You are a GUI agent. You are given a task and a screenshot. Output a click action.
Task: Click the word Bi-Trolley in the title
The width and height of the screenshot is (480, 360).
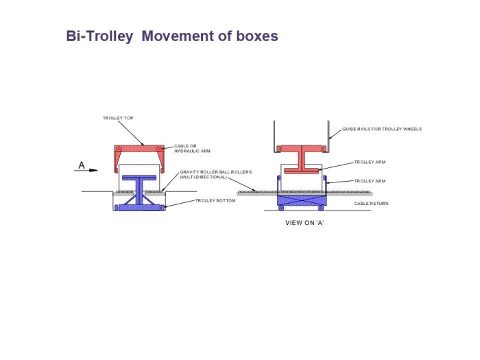coord(100,36)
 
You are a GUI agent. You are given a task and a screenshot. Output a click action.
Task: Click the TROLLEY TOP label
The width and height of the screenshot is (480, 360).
coord(118,118)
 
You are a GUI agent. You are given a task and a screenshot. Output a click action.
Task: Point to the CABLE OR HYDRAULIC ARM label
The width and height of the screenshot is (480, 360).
coord(192,149)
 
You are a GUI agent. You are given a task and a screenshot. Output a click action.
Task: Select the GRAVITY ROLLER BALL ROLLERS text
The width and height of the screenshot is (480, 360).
coord(216,172)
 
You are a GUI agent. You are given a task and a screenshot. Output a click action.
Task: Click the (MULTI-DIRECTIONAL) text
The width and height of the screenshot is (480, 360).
coord(203,177)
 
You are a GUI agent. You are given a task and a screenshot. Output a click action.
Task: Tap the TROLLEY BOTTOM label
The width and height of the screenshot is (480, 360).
coord(215,200)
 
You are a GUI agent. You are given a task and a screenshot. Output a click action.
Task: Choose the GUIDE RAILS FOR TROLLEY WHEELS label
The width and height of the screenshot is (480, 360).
coord(382,129)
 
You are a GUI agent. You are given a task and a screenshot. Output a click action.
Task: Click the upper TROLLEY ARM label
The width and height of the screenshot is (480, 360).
coord(370,162)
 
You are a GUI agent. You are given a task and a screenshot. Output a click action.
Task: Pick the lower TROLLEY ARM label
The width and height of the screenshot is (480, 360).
coord(370,181)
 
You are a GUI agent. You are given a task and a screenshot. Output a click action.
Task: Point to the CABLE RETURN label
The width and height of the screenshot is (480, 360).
coord(372,203)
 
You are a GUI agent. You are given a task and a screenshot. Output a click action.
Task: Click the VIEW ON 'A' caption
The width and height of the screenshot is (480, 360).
coord(304,223)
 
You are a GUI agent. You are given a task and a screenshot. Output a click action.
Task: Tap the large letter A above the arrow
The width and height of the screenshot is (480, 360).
coord(82,165)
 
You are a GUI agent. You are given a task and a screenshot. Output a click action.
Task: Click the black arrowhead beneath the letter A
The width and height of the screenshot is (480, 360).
coord(94,171)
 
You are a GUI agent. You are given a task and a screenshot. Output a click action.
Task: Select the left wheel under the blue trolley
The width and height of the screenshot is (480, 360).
coord(281,208)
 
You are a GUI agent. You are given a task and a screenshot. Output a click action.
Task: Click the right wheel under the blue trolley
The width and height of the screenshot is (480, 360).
coord(321,208)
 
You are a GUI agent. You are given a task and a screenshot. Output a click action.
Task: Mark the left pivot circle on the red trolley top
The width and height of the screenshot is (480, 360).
coord(119,149)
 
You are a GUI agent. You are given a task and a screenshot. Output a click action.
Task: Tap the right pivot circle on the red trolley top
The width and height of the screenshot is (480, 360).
coord(159,149)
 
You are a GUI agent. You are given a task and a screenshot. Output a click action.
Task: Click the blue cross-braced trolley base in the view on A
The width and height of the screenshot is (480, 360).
coord(301,200)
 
